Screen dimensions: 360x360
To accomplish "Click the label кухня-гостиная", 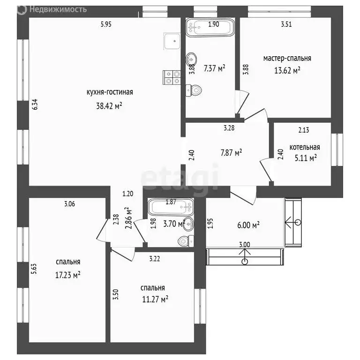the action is click(x=110, y=92).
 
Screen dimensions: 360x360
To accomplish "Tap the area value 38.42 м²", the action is click(x=109, y=106).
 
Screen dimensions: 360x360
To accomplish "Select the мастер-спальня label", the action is click(x=287, y=58).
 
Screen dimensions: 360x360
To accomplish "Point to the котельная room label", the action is click(x=305, y=147).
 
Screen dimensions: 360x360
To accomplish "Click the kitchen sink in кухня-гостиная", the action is click(x=172, y=41).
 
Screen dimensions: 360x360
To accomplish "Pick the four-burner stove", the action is click(x=172, y=78).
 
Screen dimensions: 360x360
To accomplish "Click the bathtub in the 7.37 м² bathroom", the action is click(x=210, y=28).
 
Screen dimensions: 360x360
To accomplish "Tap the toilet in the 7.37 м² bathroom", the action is click(x=194, y=90).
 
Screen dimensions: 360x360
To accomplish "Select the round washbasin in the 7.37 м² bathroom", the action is click(x=191, y=60).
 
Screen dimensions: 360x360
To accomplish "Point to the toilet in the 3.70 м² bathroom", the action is click(x=186, y=241).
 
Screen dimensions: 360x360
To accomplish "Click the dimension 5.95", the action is click(x=106, y=24).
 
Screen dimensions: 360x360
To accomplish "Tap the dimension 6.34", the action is click(x=35, y=105).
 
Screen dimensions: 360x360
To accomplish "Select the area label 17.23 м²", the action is click(x=67, y=275).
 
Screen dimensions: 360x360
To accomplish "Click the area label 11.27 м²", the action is click(x=155, y=299).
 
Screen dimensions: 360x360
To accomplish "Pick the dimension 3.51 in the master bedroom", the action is click(x=286, y=24).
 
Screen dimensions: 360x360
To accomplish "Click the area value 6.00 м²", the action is click(x=248, y=225).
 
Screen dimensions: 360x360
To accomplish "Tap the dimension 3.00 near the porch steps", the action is click(x=245, y=245).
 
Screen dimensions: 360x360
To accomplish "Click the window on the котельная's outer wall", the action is click(x=337, y=150).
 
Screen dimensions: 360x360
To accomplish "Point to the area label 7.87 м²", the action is click(x=231, y=153).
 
